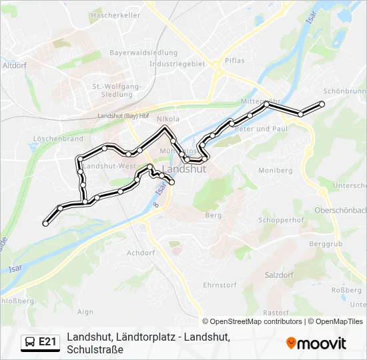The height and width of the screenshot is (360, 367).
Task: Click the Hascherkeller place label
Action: pos(115,14)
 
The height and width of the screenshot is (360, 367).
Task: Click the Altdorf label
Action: pos(14,66)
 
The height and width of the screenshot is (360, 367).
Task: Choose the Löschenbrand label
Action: pos(57,139)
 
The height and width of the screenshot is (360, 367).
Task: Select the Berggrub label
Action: pos(326,245)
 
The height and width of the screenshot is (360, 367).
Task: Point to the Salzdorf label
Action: pos(280,275)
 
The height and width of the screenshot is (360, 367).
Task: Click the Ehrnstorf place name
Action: pos(220,285)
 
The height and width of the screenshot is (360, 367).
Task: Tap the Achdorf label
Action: pos(141,253)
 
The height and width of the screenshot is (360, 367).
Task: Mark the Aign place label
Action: pos(85,311)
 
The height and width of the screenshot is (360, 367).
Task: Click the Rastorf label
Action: pos(276,313)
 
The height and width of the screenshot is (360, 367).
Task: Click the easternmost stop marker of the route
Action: pos(322,103)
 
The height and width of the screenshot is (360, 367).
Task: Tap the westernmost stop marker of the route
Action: pos(45,224)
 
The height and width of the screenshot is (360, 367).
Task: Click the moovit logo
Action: pos(316,343)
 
